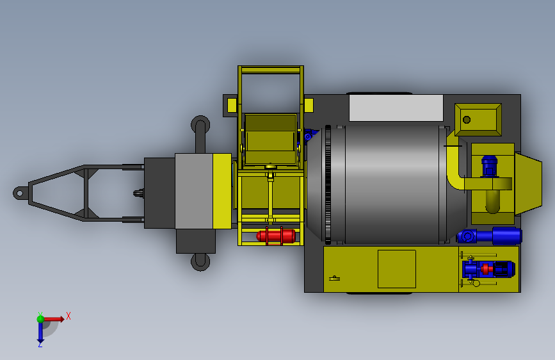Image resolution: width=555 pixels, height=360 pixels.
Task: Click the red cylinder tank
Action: pyautogui.click(x=276, y=236)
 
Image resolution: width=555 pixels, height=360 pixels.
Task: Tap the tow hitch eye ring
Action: pyautogui.click(x=19, y=193)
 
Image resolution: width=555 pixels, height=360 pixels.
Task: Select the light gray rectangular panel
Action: pyautogui.click(x=396, y=108)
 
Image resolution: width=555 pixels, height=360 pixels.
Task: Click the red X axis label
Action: pyautogui.click(x=68, y=316)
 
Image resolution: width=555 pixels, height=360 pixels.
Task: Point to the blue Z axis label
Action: pyautogui.click(x=40, y=344)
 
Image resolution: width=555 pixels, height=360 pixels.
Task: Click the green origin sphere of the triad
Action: pyautogui.click(x=40, y=319)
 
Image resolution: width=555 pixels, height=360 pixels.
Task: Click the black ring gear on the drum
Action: pyautogui.click(x=328, y=184)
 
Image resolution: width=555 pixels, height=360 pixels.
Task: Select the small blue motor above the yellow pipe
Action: pyautogui.click(x=489, y=166)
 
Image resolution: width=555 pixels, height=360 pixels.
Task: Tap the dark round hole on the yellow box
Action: pyautogui.click(x=467, y=120)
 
